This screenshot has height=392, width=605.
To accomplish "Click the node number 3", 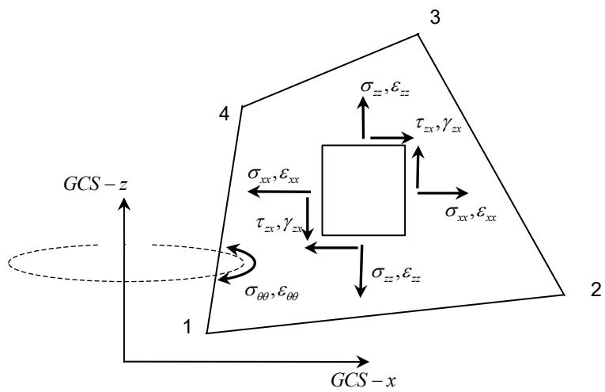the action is [435, 17].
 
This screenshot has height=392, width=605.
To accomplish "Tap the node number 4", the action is [224, 114].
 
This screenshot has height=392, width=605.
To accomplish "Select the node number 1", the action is [187, 327].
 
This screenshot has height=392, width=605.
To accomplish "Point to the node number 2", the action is [596, 290].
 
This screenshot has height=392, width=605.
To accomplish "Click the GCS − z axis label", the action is [96, 185].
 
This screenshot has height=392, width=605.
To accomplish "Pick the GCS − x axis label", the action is [364, 380].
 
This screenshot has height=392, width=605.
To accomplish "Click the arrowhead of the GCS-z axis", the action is [124, 203].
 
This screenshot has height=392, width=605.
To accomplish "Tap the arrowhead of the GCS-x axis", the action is [362, 361].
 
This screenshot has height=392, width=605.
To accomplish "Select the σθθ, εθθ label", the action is [272, 291].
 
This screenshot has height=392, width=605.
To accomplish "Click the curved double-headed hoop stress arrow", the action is [255, 263].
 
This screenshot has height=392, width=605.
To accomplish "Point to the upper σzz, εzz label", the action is [385, 87].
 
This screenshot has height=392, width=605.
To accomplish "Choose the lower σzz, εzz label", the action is [396, 273].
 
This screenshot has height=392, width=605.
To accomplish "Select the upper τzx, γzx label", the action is [439, 125].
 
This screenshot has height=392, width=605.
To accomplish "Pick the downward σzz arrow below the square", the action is [361, 271].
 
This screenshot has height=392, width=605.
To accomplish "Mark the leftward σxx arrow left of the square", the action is [279, 191].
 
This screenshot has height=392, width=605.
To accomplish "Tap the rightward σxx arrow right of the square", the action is [443, 192].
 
